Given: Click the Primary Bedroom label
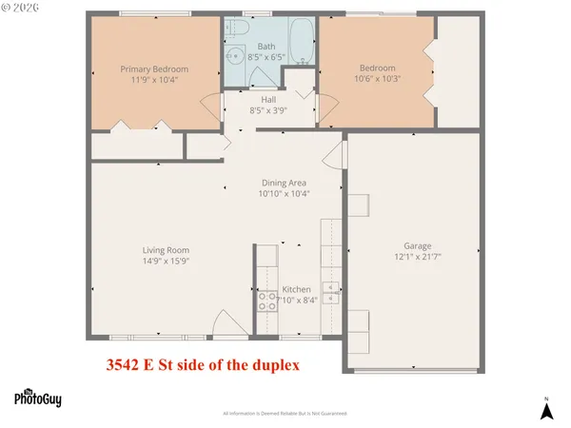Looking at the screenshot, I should (154, 68).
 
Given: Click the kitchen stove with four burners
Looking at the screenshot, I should (267, 301).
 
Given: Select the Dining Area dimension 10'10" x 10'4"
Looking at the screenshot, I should (285, 193).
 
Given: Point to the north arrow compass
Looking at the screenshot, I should (545, 409).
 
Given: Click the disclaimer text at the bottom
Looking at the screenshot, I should (285, 415).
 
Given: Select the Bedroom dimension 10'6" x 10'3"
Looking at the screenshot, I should (378, 80).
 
